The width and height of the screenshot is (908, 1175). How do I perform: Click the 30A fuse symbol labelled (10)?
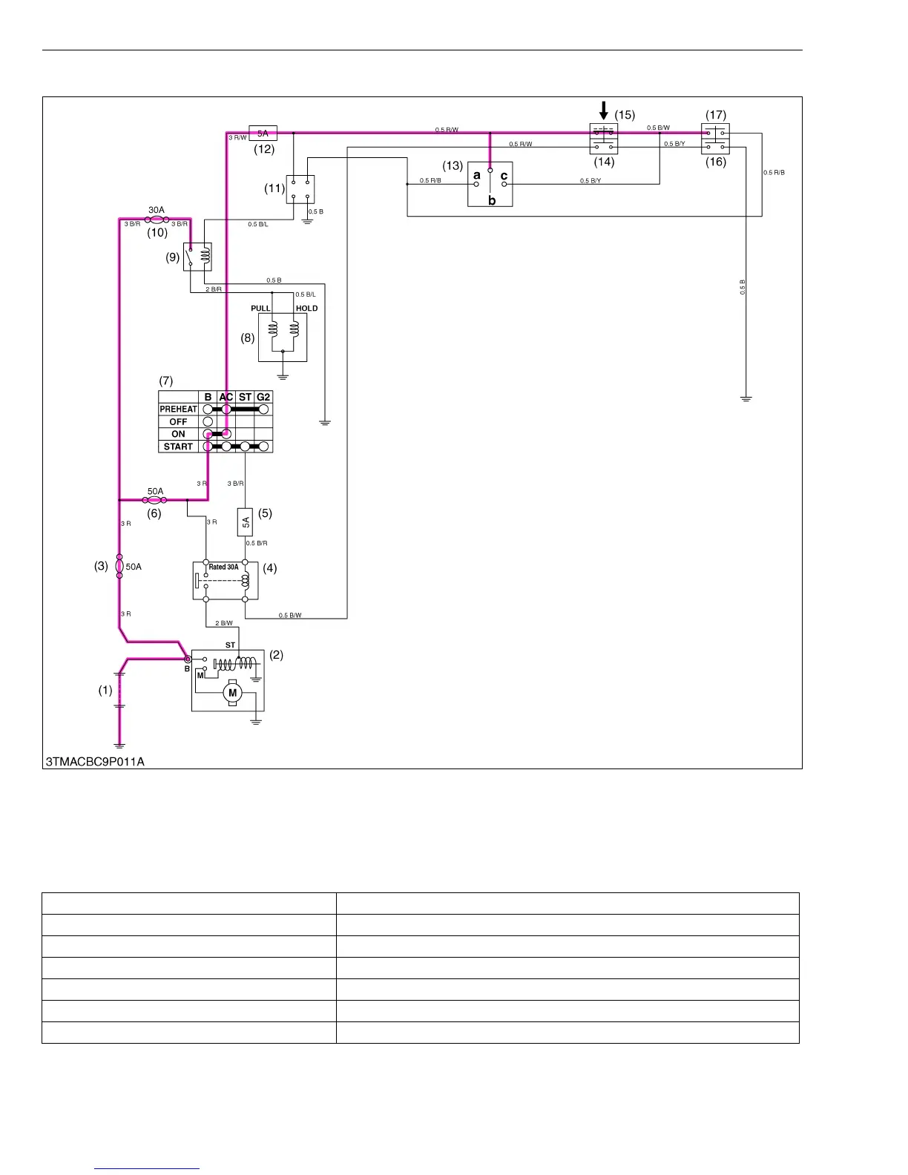pyautogui.click(x=157, y=220)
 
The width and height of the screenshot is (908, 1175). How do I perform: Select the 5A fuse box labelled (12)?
pyautogui.click(x=263, y=134)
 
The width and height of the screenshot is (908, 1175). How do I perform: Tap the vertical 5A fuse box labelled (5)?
pyautogui.click(x=245, y=521)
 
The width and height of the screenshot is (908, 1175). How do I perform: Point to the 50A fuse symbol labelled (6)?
pyautogui.click(x=154, y=500)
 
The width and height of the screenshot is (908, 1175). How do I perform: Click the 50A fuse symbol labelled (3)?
pyautogui.click(x=119, y=566)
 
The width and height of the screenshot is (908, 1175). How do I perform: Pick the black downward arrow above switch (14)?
pyautogui.click(x=604, y=111)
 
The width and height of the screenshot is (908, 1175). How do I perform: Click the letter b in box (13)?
pyautogui.click(x=491, y=200)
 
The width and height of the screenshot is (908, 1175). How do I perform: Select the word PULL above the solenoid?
pyautogui.click(x=260, y=309)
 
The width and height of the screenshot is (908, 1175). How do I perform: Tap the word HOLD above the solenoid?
pyautogui.click(x=306, y=309)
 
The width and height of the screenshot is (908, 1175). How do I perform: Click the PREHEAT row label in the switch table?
pyautogui.click(x=178, y=409)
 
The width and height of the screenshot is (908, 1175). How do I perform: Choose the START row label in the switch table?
pyautogui.click(x=178, y=447)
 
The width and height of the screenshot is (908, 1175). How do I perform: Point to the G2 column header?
pyautogui.click(x=263, y=397)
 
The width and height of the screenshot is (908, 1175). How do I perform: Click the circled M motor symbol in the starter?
pyautogui.click(x=232, y=693)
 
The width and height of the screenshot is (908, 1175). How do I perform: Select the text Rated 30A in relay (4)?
pyautogui.click(x=223, y=567)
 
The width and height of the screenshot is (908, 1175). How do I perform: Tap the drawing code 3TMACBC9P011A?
pyautogui.click(x=95, y=762)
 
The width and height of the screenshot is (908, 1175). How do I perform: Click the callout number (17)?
pyautogui.click(x=716, y=115)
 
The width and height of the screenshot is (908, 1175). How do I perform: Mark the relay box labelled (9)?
pyautogui.click(x=197, y=257)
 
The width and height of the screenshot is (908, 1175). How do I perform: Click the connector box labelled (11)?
pyautogui.click(x=300, y=189)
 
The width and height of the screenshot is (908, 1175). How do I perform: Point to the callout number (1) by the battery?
pyautogui.click(x=105, y=690)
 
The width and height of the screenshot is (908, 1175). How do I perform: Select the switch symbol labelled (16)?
pyautogui.click(x=715, y=139)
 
